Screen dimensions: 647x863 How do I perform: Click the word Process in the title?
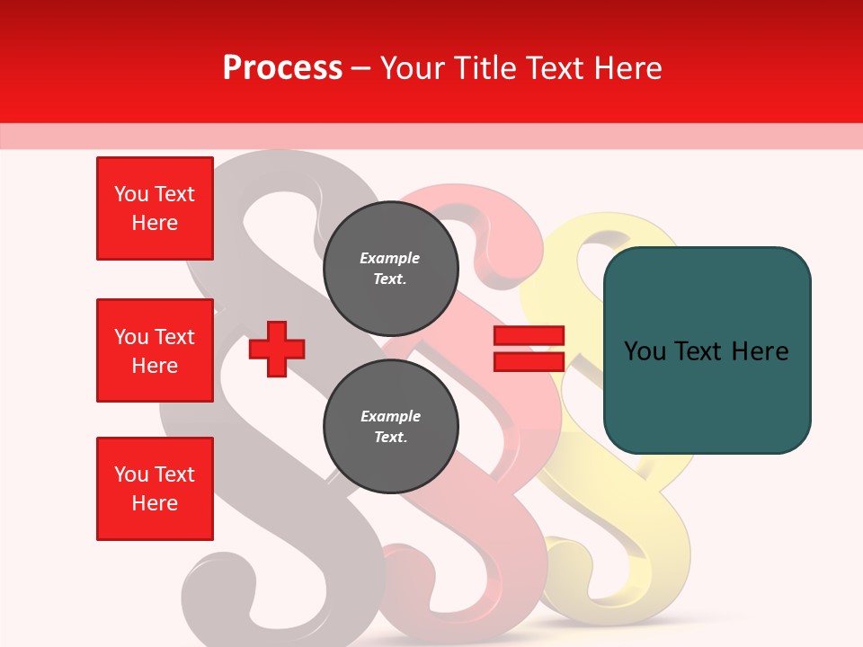(282, 67)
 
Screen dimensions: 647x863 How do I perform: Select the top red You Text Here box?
(155, 208)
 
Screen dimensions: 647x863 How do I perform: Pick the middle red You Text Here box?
(155, 350)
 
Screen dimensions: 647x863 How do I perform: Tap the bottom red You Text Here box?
(155, 489)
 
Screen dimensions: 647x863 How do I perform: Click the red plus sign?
(277, 349)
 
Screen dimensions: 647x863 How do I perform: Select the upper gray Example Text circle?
(390, 268)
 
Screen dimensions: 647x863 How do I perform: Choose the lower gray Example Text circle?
(390, 426)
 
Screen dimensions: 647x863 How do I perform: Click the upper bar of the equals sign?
(529, 336)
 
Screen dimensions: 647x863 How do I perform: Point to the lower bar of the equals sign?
(529, 361)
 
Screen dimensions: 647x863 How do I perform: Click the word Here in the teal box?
(760, 350)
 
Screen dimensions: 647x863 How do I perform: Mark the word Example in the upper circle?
(390, 258)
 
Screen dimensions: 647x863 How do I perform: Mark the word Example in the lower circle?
(390, 416)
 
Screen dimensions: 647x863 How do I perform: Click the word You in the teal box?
(644, 350)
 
